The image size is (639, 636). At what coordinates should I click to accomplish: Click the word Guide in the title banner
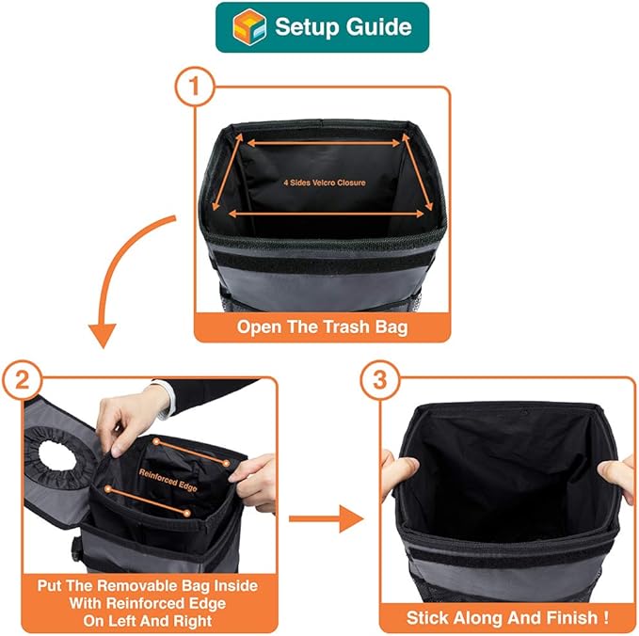[x=375, y=26]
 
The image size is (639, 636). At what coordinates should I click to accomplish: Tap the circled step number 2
[x=22, y=380]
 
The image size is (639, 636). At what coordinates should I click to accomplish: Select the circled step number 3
[x=379, y=380]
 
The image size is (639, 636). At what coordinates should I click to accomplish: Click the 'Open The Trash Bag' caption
[x=322, y=328]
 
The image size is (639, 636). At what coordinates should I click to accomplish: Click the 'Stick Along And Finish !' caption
[x=506, y=618]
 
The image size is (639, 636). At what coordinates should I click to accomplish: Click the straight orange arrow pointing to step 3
[x=325, y=517]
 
